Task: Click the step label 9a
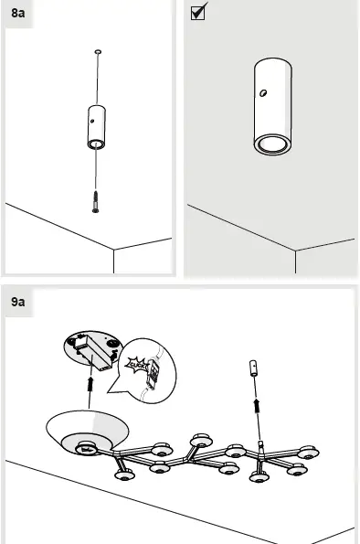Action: click(18, 300)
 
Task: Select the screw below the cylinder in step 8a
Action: click(95, 199)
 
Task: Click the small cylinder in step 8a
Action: click(96, 125)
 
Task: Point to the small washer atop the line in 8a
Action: click(98, 53)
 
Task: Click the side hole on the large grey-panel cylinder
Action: click(261, 93)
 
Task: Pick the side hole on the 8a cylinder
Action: click(91, 116)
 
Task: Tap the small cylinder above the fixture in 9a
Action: click(256, 375)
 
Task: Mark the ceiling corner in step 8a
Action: click(113, 250)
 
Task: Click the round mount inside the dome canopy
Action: click(90, 448)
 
